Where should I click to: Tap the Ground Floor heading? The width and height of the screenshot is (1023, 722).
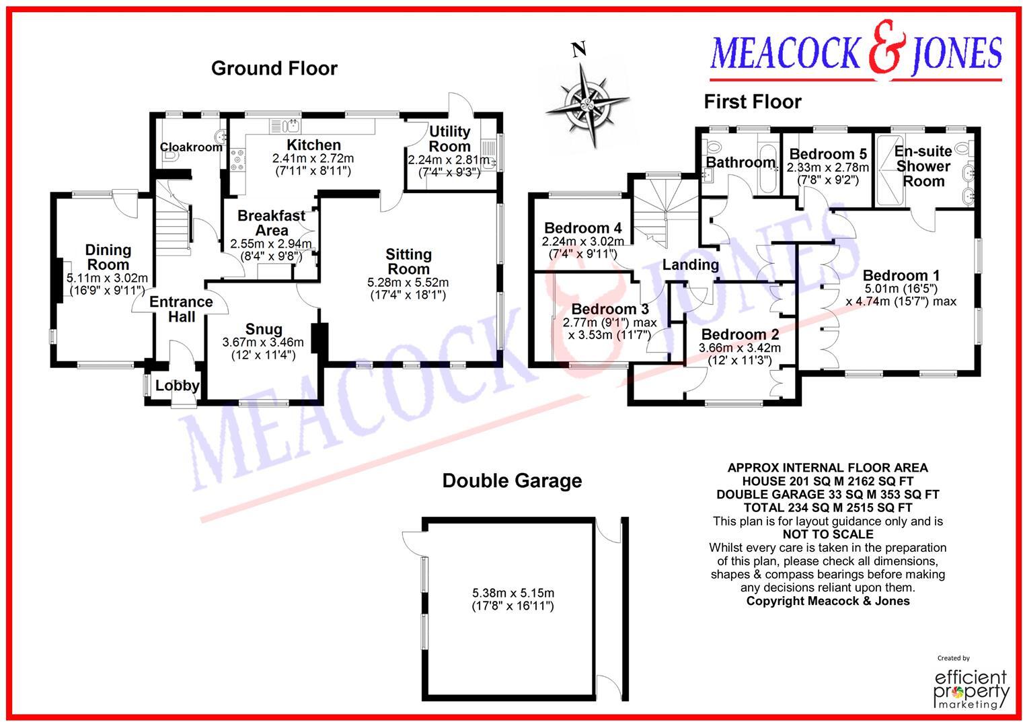coord(274,68)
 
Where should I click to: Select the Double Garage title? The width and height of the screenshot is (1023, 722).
coord(512,480)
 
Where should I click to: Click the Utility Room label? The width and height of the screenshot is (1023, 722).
coord(449,139)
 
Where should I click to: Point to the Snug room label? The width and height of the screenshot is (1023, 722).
coord(263,329)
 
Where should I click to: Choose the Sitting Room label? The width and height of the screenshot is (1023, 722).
coord(408,261)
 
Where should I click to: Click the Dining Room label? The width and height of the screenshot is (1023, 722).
coord(108,257)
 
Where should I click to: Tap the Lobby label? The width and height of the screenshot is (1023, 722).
coord(177,386)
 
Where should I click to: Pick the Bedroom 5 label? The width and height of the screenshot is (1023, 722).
coord(827,154)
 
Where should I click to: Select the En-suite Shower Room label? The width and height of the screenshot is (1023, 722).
coord(923,166)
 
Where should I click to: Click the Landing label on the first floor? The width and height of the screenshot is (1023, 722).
coord(690,264)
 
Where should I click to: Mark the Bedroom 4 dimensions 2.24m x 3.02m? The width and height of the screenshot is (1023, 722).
coord(582,242)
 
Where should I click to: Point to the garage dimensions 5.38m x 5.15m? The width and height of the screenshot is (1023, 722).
coord(513,593)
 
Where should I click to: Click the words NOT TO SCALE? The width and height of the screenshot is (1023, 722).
coord(827,534)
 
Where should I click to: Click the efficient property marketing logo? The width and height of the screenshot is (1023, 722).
coord(971,686)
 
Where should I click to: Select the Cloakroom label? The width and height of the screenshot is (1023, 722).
coord(190,147)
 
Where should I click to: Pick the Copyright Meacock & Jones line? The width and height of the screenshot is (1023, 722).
coord(827,601)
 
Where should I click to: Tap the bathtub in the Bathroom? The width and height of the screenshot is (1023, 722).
coord(767,166)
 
